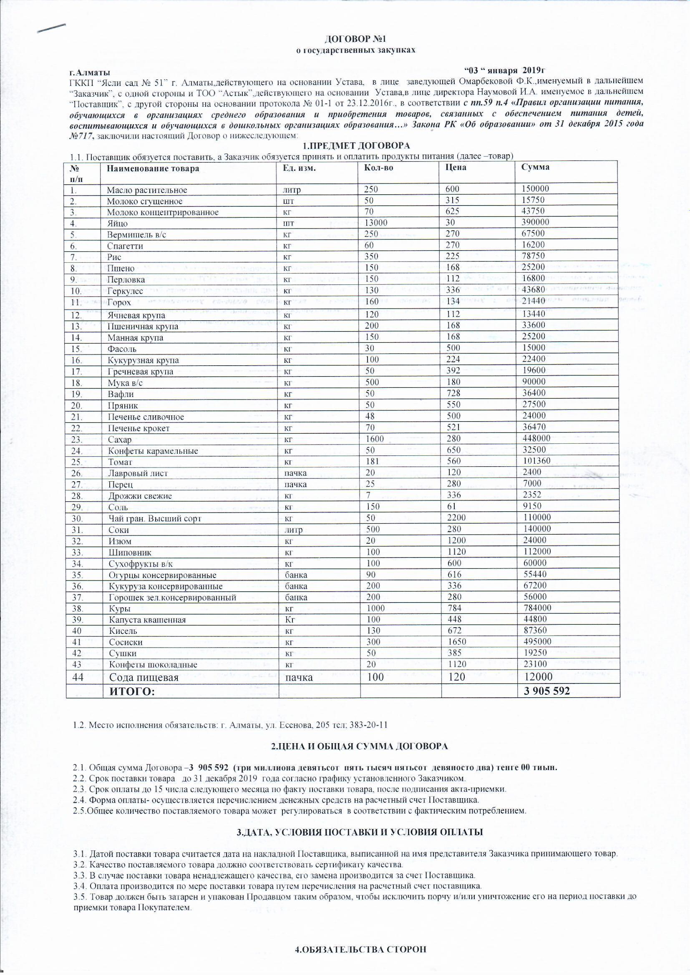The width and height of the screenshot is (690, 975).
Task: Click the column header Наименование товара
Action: click(x=153, y=168)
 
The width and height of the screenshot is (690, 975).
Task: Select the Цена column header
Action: click(x=456, y=167)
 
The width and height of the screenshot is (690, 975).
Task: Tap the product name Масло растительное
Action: click(x=146, y=190)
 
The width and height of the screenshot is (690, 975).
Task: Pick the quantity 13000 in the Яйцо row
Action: click(x=375, y=222)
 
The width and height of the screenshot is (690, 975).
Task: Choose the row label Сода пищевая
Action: click(x=144, y=677)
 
